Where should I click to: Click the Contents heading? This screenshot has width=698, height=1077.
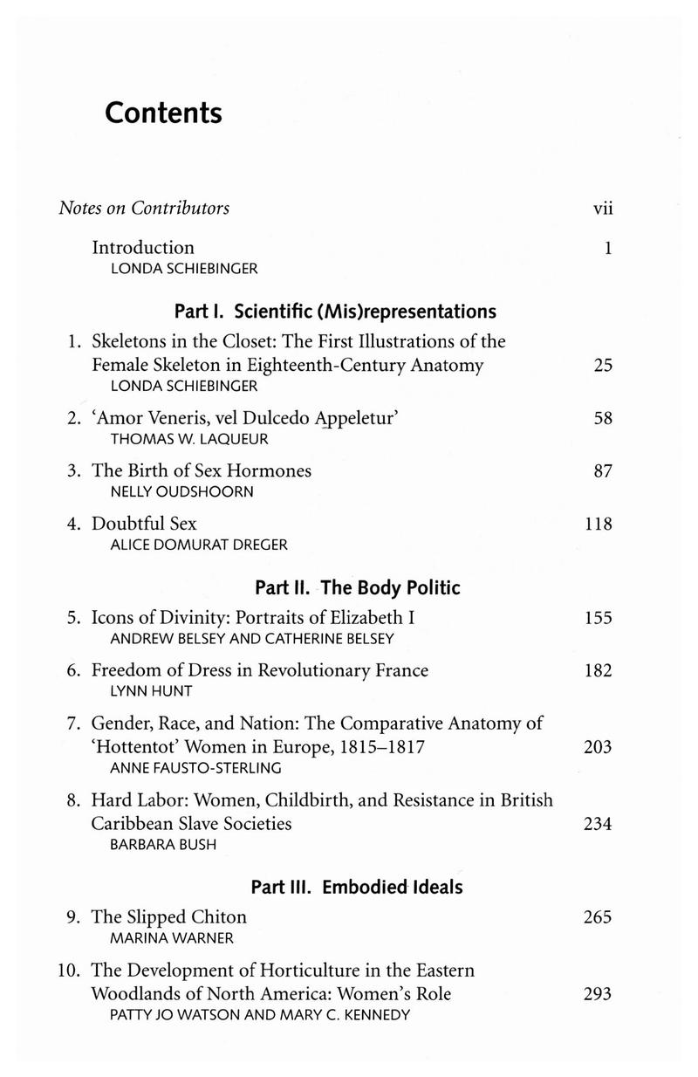pyautogui.click(x=163, y=113)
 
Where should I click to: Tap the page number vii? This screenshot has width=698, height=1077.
pyautogui.click(x=603, y=209)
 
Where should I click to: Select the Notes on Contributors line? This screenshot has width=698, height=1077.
pyautogui.click(x=144, y=209)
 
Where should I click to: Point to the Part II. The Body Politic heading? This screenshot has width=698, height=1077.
pyautogui.click(x=356, y=587)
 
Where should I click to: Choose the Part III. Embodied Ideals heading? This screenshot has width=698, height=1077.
pyautogui.click(x=356, y=888)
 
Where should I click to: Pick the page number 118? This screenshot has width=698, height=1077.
pyautogui.click(x=598, y=525)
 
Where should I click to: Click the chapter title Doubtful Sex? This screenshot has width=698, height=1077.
pyautogui.click(x=144, y=524)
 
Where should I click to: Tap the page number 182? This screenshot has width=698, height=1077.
pyautogui.click(x=598, y=671)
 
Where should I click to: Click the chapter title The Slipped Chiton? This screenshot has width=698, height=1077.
pyautogui.click(x=169, y=917)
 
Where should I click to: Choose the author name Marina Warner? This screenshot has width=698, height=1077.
pyautogui.click(x=163, y=938)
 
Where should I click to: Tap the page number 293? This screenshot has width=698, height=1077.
pyautogui.click(x=598, y=994)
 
